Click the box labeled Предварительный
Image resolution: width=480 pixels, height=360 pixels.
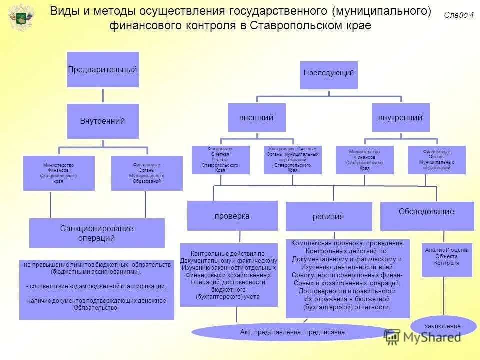[x=103, y=69]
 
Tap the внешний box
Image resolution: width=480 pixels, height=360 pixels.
[x=256, y=118]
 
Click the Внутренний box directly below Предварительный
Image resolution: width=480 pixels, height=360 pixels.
[x=103, y=121]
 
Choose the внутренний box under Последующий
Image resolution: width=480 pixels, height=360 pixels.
[x=400, y=118]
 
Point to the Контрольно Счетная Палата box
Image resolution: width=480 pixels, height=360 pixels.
[x=220, y=160]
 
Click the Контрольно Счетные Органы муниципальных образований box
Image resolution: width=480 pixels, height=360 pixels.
[x=293, y=160]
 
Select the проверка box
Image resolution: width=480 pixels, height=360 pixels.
[x=232, y=216]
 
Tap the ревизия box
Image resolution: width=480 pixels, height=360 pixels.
[x=328, y=217]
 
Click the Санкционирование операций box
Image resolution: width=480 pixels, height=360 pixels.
[x=97, y=233]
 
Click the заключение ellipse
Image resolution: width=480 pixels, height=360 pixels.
[x=443, y=326]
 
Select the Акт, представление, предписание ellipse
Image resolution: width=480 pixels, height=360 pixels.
[x=292, y=332]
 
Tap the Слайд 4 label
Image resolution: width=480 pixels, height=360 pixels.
[x=458, y=15]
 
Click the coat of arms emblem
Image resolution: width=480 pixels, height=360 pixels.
[x=21, y=17]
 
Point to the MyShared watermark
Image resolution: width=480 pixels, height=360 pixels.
[x=423, y=337]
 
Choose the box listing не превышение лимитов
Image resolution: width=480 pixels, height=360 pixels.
[x=97, y=289]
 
